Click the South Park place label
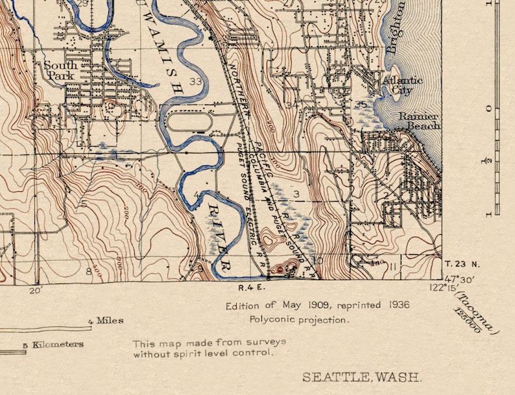coord(60,70)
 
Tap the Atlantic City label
coord(402,85)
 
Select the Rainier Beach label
coord(418,121)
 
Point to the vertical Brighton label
coord(396,27)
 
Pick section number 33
coord(196,81)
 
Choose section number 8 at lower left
coord(89,270)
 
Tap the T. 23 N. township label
coord(462,263)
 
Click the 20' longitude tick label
coord(36,291)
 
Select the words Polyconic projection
coord(299,319)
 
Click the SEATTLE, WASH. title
coord(362,377)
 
